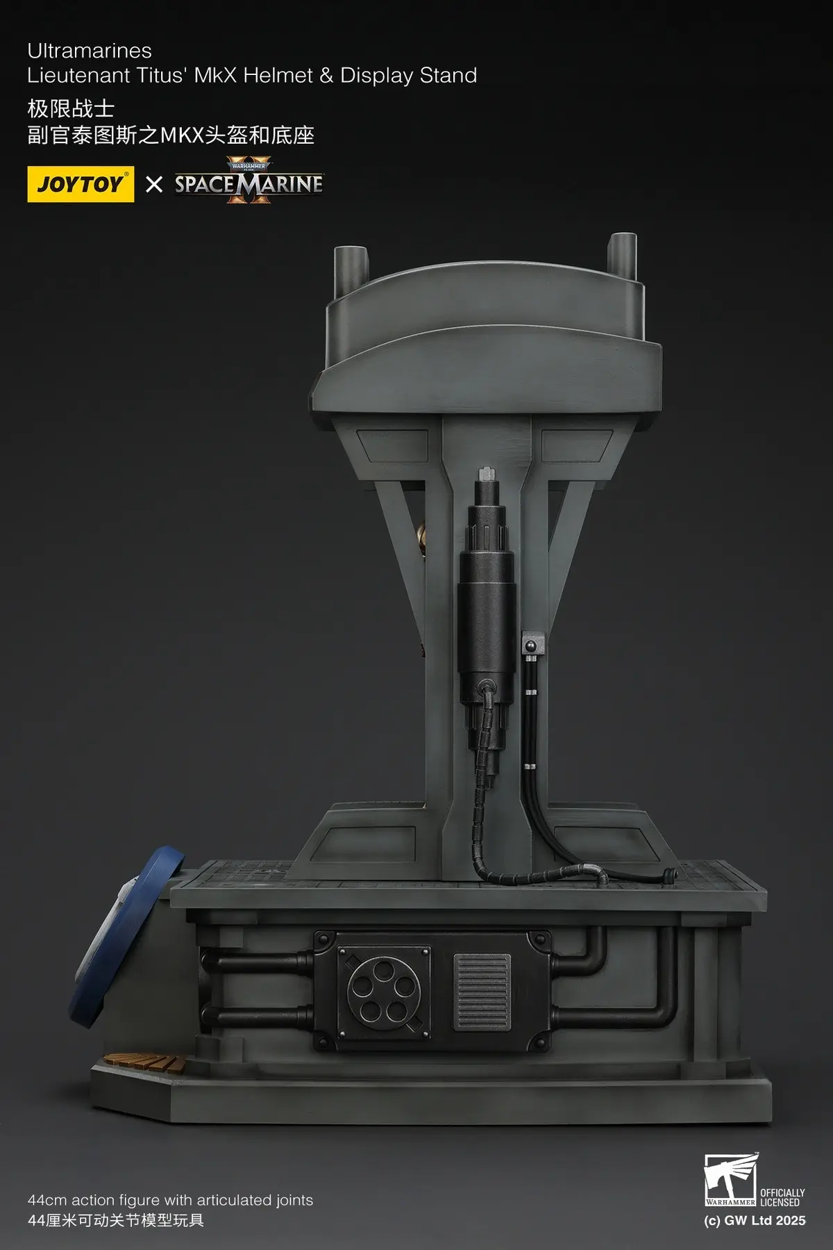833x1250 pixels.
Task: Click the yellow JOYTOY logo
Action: [x=81, y=184]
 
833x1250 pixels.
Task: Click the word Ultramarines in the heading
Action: [x=90, y=51]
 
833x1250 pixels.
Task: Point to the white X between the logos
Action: [x=154, y=184]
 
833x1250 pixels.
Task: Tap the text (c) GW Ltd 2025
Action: [x=755, y=1221]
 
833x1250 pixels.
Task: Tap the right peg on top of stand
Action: [x=621, y=254]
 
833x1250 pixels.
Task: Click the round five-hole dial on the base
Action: [x=379, y=989]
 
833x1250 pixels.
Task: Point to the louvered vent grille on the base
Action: [x=482, y=991]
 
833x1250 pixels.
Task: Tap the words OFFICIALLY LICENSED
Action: [x=782, y=1197]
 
